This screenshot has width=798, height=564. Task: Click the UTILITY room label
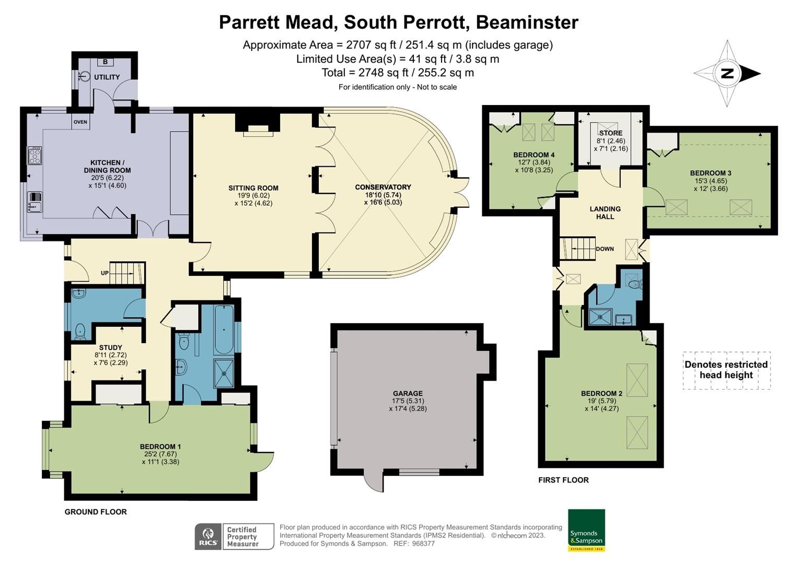(107, 77)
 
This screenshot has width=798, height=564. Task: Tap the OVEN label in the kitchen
(80, 122)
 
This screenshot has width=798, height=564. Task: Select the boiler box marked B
(105, 62)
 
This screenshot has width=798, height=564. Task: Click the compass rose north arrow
(727, 74)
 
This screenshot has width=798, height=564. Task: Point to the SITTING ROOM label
(253, 188)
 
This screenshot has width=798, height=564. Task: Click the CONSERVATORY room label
(383, 187)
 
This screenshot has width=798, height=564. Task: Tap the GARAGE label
(408, 393)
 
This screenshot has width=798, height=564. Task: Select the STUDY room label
(110, 347)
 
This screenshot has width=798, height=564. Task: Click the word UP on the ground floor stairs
(105, 273)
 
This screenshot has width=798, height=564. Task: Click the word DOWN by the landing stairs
(605, 249)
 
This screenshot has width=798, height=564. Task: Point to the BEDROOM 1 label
(160, 446)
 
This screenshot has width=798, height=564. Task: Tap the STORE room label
(610, 133)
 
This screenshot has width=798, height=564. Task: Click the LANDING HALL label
(605, 213)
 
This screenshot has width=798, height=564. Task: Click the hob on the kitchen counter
(35, 156)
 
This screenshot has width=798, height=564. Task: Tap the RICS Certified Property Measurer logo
(234, 536)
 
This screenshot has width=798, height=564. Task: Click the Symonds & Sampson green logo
(586, 530)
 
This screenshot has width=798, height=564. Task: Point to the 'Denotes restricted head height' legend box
(726, 370)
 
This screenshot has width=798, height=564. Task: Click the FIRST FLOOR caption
(563, 480)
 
